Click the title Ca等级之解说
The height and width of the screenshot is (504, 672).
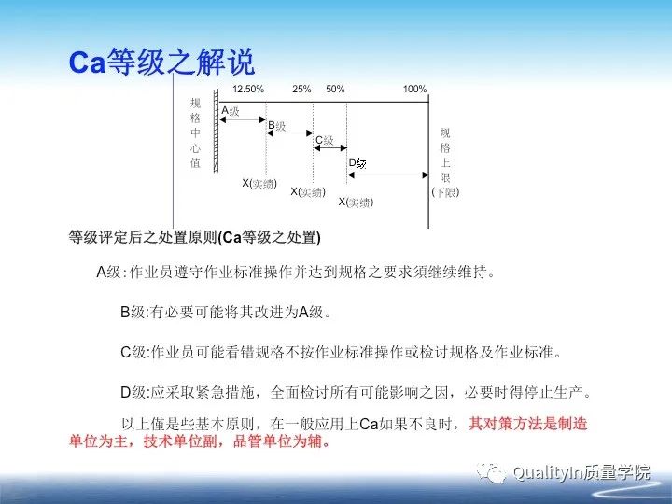point(161,62)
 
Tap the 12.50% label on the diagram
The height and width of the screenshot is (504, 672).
point(248,89)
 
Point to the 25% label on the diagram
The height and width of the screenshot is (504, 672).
point(301,89)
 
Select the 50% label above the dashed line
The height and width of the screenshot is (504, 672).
point(335,89)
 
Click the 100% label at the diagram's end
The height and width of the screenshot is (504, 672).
point(414,89)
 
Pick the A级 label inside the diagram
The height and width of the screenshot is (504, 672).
point(231,110)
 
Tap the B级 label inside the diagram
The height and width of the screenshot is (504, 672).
point(277,124)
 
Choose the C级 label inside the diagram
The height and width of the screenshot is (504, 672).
point(324,140)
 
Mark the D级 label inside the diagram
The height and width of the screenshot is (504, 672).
point(357,163)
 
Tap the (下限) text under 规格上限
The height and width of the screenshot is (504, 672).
point(445,192)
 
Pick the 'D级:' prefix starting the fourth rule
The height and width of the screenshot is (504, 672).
point(134,390)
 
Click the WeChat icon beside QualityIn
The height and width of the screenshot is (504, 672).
point(492,473)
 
